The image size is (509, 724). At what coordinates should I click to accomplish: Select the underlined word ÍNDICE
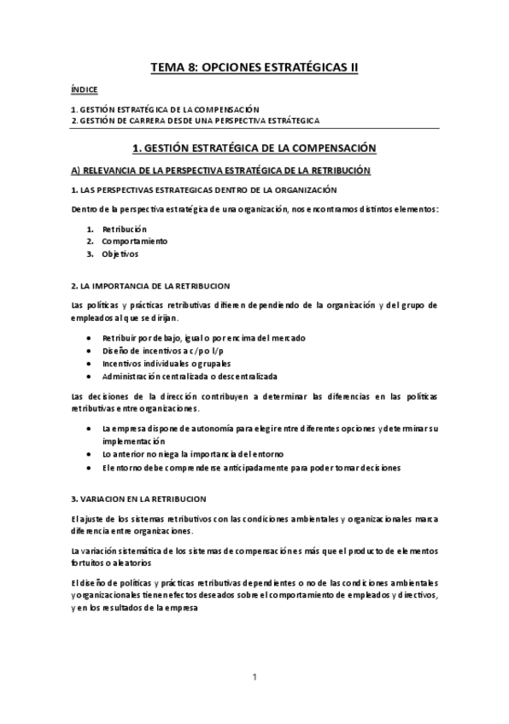(x=84, y=89)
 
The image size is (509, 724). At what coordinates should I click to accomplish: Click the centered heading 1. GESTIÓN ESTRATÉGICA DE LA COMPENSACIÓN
(x=254, y=148)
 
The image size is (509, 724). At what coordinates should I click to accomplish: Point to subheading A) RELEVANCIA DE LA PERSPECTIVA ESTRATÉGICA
(x=220, y=170)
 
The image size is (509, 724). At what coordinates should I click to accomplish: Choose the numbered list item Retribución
(x=125, y=229)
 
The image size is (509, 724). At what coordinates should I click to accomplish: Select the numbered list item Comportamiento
(x=135, y=241)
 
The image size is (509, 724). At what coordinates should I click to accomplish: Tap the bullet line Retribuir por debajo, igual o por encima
(x=203, y=338)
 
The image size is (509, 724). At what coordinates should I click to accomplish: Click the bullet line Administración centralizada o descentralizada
(x=189, y=376)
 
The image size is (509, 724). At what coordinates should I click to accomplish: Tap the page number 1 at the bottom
(x=254, y=677)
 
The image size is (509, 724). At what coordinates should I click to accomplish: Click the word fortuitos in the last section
(x=88, y=563)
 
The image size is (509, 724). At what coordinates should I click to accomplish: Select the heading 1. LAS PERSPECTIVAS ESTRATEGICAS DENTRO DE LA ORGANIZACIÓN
(x=203, y=189)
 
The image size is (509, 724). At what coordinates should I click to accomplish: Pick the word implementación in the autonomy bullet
(x=132, y=442)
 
